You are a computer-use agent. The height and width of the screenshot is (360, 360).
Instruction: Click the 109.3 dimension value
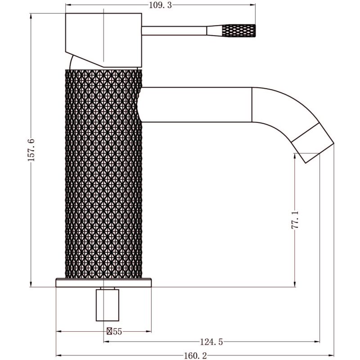point(161,5)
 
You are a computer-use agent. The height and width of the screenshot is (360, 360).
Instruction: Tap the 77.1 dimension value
point(295,220)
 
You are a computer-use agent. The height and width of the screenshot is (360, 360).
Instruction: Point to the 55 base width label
point(117,332)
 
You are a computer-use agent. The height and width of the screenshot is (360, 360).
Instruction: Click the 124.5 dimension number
point(211,342)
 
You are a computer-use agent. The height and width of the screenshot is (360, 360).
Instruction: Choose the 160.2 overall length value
point(195,356)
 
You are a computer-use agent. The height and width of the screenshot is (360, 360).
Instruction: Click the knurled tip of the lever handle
point(239,31)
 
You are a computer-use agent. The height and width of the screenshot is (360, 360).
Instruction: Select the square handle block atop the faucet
point(103,40)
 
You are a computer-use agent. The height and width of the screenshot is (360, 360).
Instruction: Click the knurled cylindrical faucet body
point(103,174)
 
